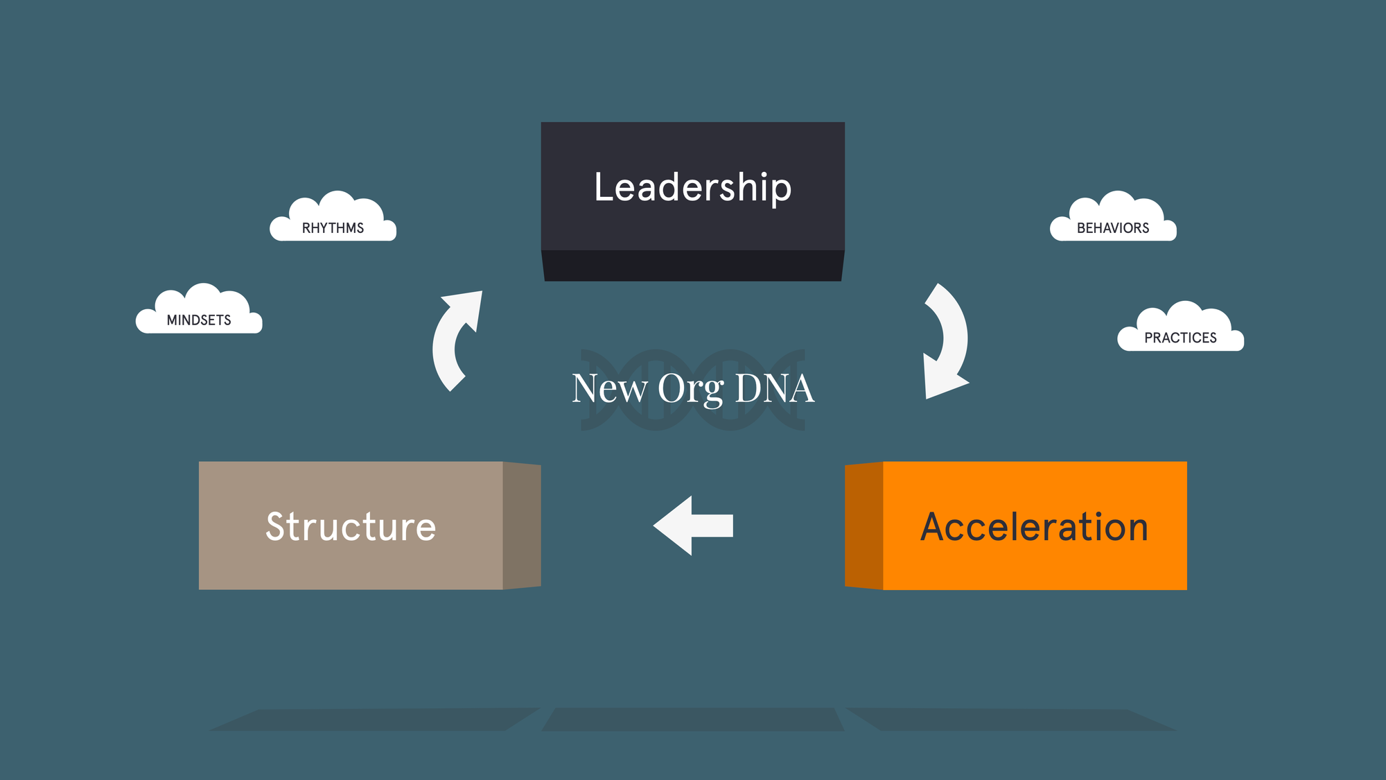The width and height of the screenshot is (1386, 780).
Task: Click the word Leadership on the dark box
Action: click(x=693, y=187)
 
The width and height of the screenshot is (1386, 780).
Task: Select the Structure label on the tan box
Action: click(x=351, y=527)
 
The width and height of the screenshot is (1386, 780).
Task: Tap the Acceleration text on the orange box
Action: click(x=1034, y=527)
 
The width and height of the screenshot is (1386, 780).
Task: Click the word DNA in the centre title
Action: click(x=774, y=388)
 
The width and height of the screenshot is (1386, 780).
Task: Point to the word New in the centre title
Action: click(x=609, y=388)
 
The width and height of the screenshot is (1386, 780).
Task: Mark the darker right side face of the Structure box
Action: click(x=521, y=526)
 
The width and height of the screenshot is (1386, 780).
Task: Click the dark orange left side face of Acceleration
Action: click(x=864, y=526)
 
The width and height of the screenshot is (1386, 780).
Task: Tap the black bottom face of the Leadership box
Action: click(x=693, y=266)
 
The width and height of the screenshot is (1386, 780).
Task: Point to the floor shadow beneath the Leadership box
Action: click(x=693, y=719)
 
